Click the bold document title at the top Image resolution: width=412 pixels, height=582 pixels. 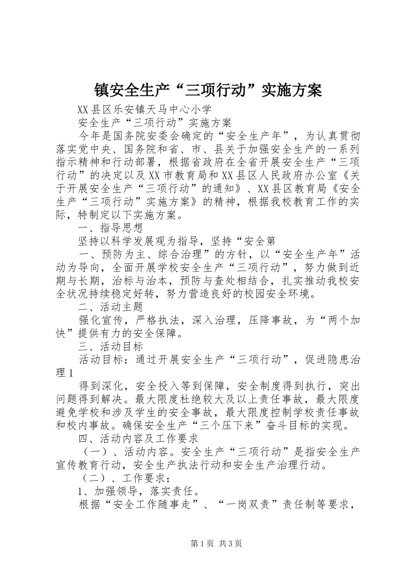pyautogui.click(x=208, y=90)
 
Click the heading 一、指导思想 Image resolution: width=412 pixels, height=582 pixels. pyautogui.click(x=111, y=228)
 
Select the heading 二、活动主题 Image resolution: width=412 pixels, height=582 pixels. pyautogui.click(x=111, y=307)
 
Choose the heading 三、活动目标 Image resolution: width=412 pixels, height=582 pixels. pyautogui.click(x=111, y=346)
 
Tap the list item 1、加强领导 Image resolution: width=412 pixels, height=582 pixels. pyautogui.click(x=111, y=491)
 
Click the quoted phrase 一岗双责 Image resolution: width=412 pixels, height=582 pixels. pyautogui.click(x=254, y=505)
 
